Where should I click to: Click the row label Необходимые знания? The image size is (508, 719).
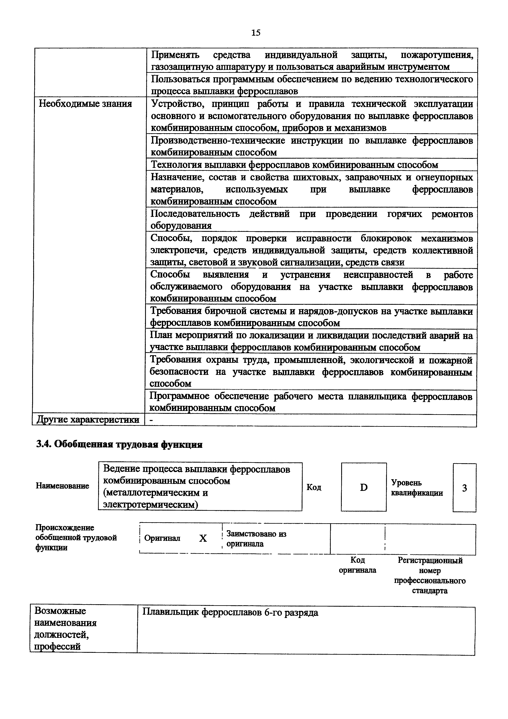click(85, 104)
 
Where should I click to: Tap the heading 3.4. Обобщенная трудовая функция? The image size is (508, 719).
click(119, 445)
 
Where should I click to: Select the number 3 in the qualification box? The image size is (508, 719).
click(465, 488)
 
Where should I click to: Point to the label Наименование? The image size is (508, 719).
click(62, 486)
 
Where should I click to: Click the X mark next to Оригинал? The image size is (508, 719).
click(203, 538)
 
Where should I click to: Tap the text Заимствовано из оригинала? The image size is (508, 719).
click(256, 538)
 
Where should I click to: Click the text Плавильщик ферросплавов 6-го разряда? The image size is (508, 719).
click(230, 612)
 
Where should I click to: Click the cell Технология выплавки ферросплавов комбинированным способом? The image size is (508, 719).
click(294, 165)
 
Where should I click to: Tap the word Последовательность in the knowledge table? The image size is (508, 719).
click(195, 214)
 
